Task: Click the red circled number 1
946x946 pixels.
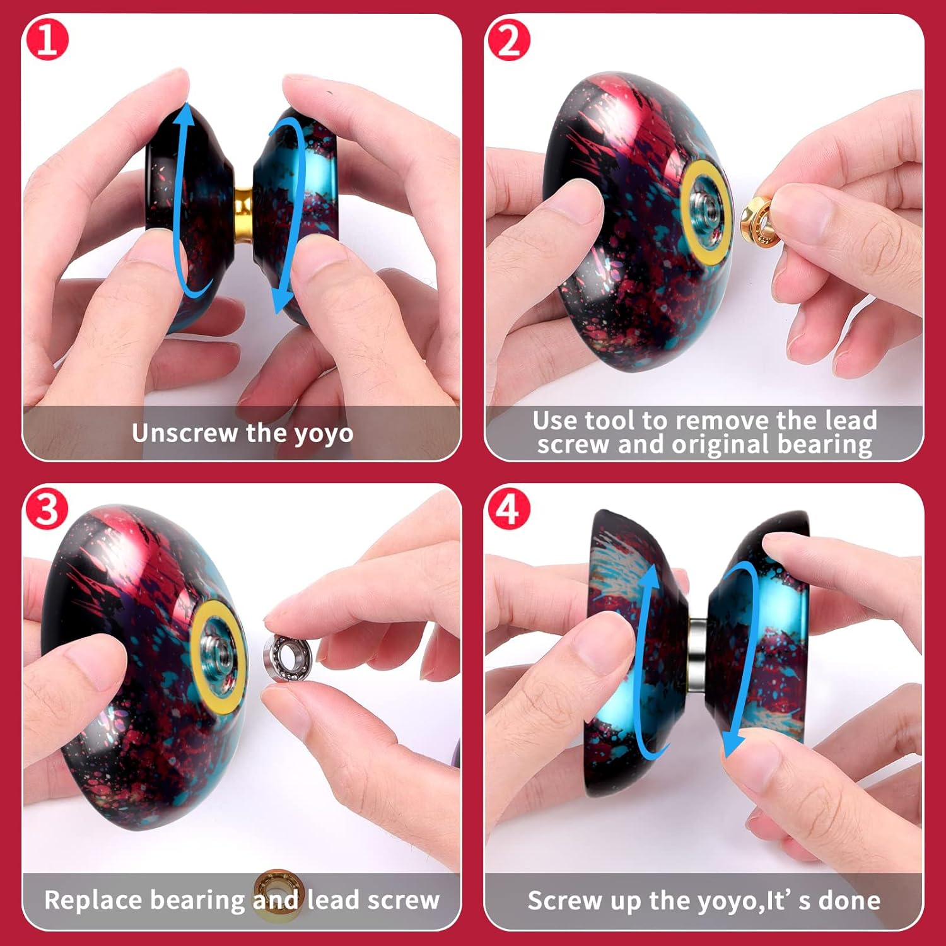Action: click(x=46, y=40)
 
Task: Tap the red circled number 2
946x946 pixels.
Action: click(x=508, y=40)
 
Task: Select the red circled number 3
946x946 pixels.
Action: click(x=46, y=508)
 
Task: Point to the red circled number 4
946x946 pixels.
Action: click(x=508, y=508)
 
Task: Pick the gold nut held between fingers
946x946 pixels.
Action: click(x=757, y=221)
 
